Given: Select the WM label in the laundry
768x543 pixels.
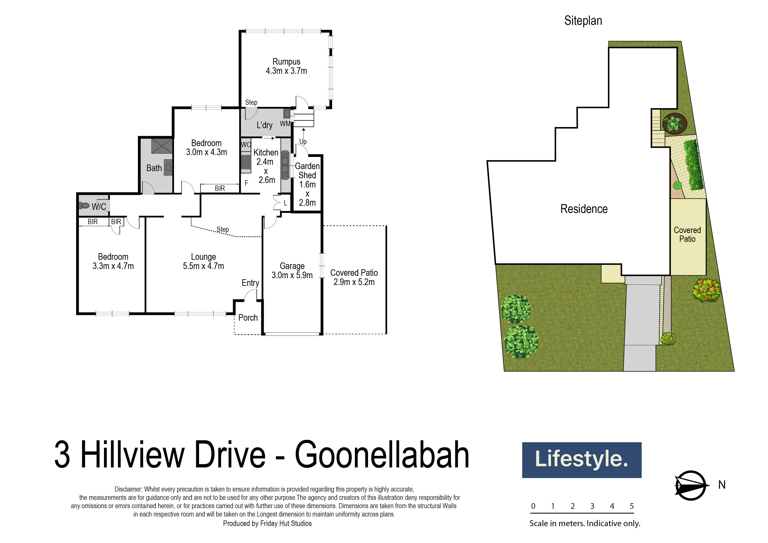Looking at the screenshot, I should click(x=285, y=124).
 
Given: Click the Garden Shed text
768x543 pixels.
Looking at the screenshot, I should click(x=307, y=171).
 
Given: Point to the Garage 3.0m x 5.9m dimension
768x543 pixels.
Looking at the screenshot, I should click(x=292, y=275).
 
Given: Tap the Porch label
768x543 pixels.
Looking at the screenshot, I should click(x=248, y=318).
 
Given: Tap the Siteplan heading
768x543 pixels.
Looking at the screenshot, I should click(x=583, y=21).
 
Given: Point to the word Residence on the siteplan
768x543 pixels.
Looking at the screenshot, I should click(x=584, y=209).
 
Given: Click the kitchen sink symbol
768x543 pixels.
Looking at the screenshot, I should click(x=285, y=165).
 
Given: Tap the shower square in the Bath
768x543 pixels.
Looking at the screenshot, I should click(x=162, y=146).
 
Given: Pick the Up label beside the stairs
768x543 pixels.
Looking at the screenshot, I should click(x=303, y=141).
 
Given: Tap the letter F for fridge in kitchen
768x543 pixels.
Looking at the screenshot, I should click(x=247, y=183).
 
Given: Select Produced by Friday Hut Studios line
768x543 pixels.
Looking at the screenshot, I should click(x=267, y=523).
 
